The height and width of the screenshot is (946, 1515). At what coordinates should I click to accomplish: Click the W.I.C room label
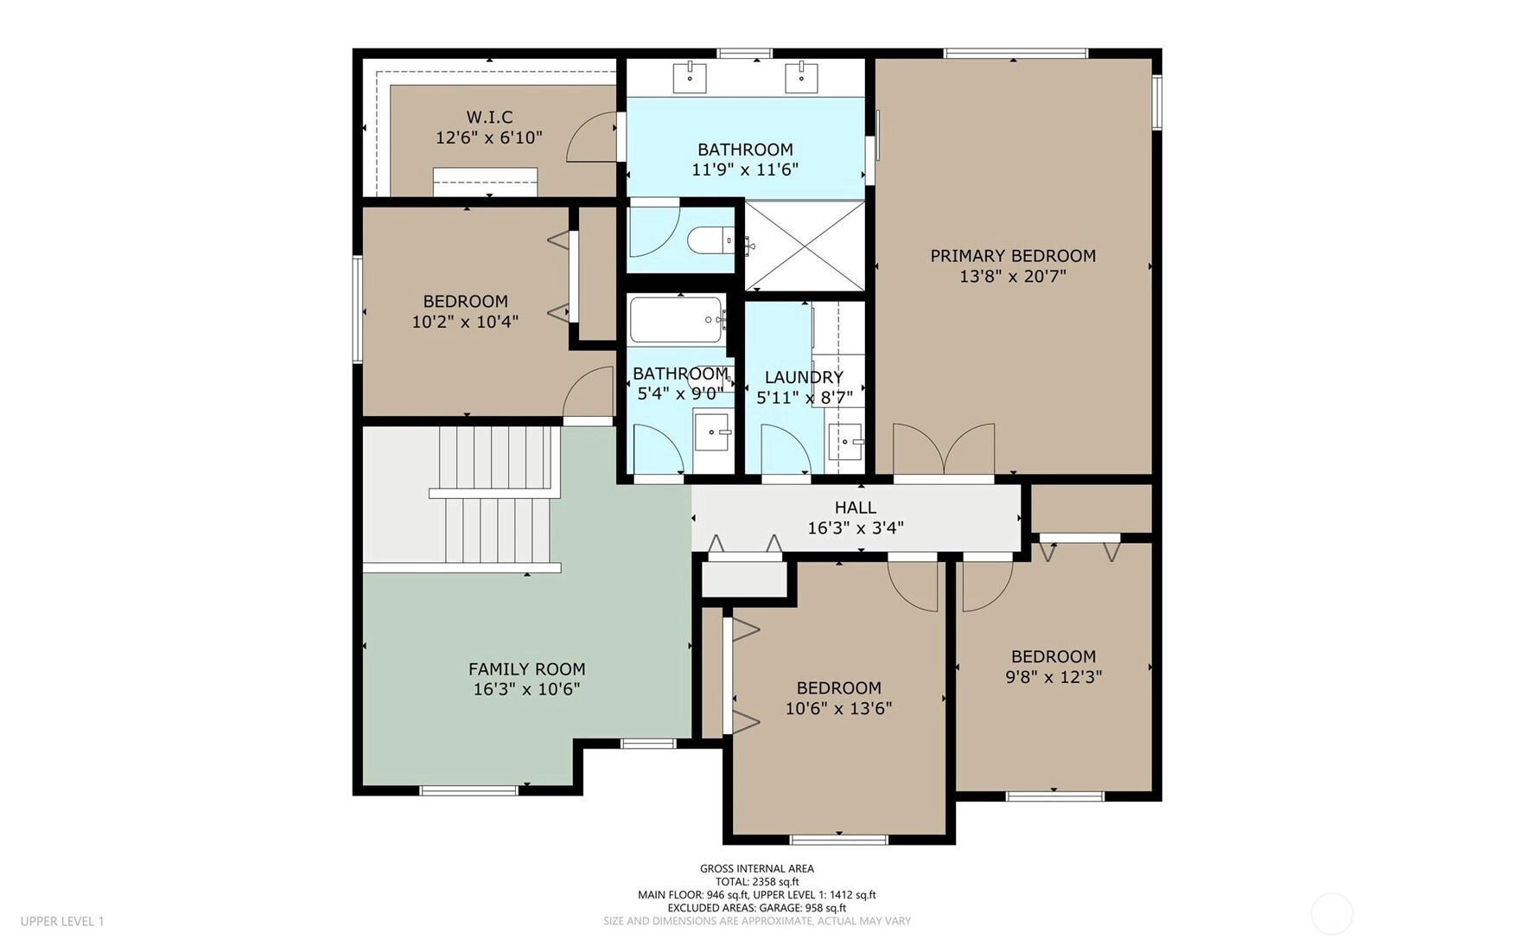click(x=489, y=117)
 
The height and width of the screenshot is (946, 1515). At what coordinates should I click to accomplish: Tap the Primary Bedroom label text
click(x=1013, y=256)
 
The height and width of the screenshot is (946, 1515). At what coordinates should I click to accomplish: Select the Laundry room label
click(x=804, y=377)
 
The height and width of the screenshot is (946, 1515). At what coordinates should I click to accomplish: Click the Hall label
click(x=856, y=508)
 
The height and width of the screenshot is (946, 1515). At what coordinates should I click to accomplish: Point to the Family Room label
click(x=527, y=669)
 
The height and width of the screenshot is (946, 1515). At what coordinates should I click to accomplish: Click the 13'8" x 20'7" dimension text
click(x=1013, y=277)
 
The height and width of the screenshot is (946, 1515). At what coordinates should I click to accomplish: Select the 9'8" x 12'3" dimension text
click(x=1053, y=677)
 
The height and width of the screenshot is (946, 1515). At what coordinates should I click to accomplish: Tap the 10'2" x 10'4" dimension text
click(x=465, y=322)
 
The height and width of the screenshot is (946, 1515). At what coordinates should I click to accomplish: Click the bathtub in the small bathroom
click(x=677, y=320)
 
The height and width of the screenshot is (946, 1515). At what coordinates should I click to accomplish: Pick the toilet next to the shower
click(x=710, y=240)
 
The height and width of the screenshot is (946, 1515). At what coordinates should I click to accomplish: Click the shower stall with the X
click(x=805, y=246)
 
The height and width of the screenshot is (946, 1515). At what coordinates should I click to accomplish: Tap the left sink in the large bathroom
click(x=690, y=77)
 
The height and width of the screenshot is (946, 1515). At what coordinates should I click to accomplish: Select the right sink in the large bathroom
click(x=801, y=77)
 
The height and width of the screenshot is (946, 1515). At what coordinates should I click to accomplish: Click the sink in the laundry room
click(x=845, y=442)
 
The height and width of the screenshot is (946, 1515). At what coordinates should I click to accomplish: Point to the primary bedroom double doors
click(x=944, y=450)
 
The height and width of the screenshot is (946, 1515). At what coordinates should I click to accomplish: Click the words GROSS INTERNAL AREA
click(x=757, y=869)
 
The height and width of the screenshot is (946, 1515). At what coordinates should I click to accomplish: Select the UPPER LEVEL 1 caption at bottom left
click(x=62, y=922)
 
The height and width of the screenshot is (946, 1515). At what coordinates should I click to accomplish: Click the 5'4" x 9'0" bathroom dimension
click(x=681, y=394)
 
